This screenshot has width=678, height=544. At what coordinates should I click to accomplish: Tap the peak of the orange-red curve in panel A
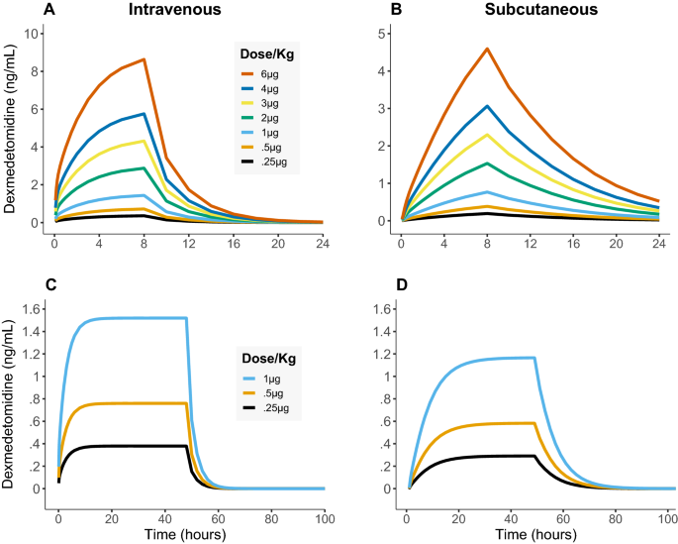145,59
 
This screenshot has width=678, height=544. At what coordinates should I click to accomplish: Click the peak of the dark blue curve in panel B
488,106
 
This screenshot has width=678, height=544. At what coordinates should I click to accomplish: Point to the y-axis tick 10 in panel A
33,34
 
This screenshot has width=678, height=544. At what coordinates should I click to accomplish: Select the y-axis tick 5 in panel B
383,34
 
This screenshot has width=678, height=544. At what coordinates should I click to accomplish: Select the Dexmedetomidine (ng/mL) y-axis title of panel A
10,129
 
